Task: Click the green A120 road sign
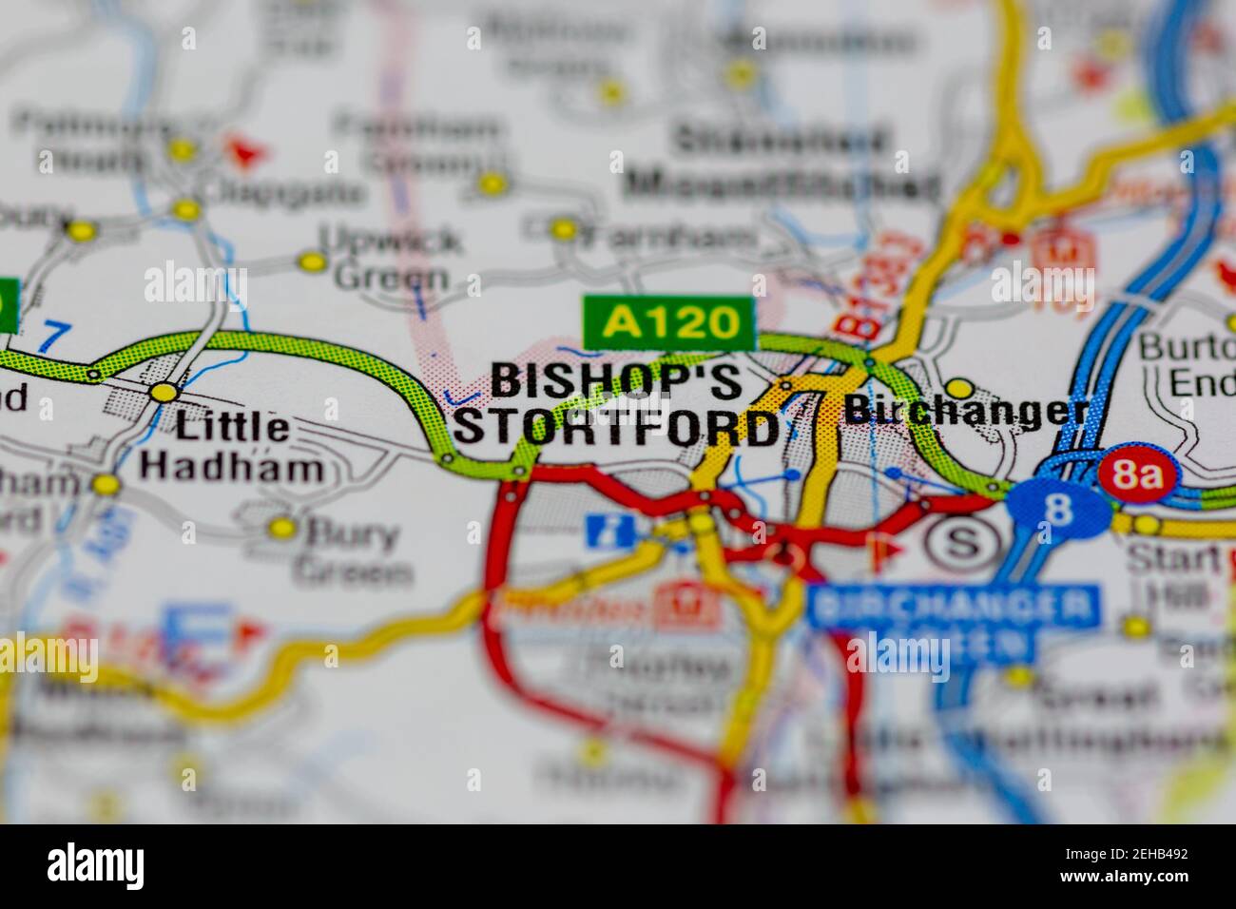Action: (x=670, y=322)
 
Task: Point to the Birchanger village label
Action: (x=966, y=411)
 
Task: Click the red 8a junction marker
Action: (x=1136, y=474)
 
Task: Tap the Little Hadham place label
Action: (x=231, y=445)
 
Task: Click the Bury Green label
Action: (x=352, y=553)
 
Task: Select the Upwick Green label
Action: (x=390, y=257)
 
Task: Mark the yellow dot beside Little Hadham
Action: (x=164, y=392)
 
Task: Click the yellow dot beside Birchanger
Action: (x=960, y=388)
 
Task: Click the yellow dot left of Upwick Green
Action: (x=311, y=261)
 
